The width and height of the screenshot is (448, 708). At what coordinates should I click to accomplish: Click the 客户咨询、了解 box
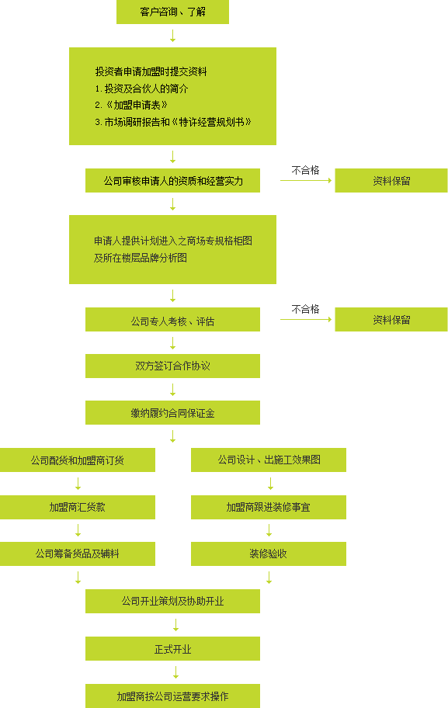(x=172, y=12)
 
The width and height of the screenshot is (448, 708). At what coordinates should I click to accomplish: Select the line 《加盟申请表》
(x=131, y=106)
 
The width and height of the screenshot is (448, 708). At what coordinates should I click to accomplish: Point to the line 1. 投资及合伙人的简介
(x=141, y=88)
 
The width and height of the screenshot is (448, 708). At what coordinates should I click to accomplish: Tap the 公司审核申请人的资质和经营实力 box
(x=172, y=181)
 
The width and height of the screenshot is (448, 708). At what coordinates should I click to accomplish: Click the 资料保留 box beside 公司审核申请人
(x=391, y=181)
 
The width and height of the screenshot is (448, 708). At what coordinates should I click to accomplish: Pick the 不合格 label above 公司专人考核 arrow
(x=306, y=309)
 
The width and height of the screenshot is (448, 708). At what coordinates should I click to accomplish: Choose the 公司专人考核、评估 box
(x=172, y=320)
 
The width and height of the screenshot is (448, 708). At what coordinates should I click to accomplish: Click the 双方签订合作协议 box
(x=172, y=366)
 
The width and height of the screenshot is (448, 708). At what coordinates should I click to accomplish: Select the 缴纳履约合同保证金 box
(x=172, y=413)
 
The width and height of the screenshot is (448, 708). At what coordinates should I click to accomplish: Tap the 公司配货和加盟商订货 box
(x=77, y=460)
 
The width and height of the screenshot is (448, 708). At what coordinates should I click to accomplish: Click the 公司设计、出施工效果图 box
(x=269, y=460)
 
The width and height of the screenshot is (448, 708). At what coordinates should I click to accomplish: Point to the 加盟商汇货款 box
(x=77, y=507)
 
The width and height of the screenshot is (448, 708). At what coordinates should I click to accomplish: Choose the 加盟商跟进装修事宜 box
(x=269, y=507)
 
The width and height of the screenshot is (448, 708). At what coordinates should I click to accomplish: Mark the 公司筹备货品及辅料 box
(x=77, y=554)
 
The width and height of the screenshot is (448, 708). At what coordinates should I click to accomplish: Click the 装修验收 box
(x=269, y=554)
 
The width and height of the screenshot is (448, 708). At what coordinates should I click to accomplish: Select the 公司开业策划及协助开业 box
(x=172, y=602)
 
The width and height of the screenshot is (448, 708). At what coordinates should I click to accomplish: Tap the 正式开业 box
(x=172, y=649)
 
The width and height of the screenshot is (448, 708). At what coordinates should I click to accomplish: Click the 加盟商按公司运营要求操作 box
(x=172, y=696)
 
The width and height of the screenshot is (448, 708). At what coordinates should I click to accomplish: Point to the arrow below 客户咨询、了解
(x=172, y=36)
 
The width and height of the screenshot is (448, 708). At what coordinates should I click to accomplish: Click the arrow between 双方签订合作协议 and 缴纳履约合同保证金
(x=172, y=390)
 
